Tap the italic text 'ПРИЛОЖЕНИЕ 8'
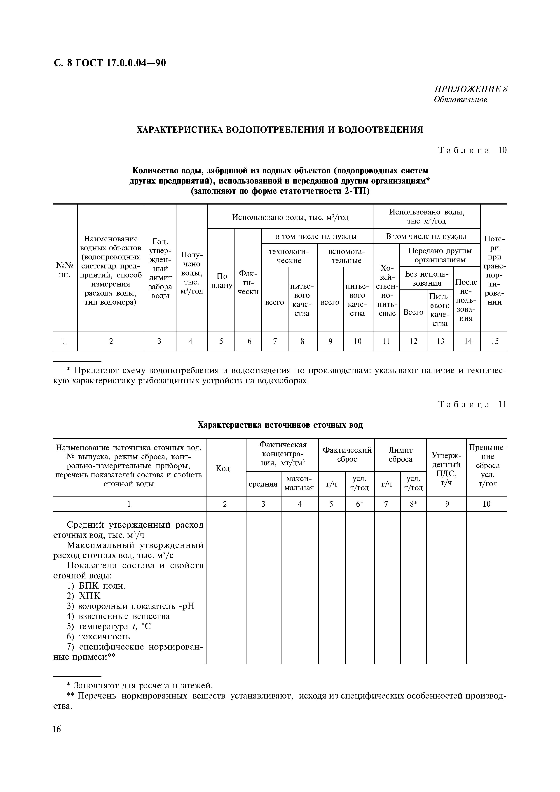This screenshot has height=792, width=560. (471, 89)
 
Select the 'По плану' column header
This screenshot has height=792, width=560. (221, 281)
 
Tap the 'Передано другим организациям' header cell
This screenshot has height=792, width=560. (440, 255)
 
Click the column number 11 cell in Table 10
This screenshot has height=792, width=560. (387, 341)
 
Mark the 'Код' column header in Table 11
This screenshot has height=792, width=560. (223, 468)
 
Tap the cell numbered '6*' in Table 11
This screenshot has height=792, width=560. (360, 504)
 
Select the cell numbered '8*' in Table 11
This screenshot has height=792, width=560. (413, 504)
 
